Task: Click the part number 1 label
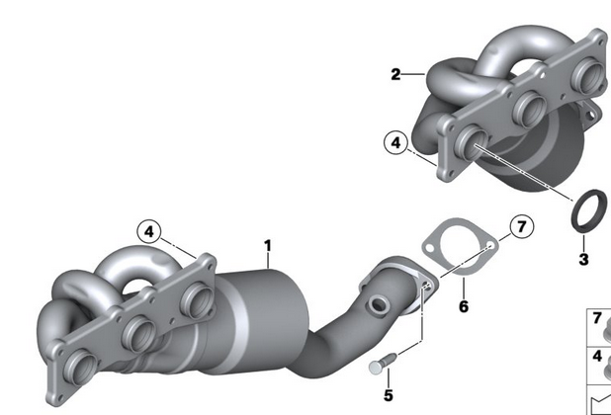point(267,246)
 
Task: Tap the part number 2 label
point(395,74)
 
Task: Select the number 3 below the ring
point(583,259)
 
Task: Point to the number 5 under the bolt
point(389,395)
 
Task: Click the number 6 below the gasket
point(464,306)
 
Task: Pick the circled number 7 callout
point(522,226)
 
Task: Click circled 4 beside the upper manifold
point(395,143)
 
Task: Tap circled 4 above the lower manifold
point(149,231)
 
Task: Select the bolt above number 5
point(382,363)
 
